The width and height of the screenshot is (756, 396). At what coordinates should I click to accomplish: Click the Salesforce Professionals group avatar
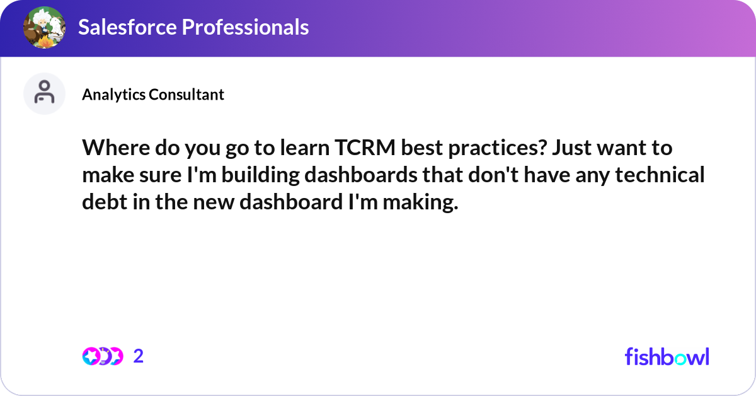pyautogui.click(x=45, y=28)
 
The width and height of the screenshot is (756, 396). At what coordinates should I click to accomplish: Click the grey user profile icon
pyautogui.click(x=44, y=93)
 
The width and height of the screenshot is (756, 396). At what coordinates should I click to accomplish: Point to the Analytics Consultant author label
pyautogui.click(x=153, y=95)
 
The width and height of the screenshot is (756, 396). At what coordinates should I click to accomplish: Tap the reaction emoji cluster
pyautogui.click(x=102, y=356)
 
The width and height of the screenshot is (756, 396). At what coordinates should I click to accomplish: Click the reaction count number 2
pyautogui.click(x=139, y=356)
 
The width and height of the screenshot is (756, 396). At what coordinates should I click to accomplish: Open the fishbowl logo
pyautogui.click(x=667, y=356)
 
